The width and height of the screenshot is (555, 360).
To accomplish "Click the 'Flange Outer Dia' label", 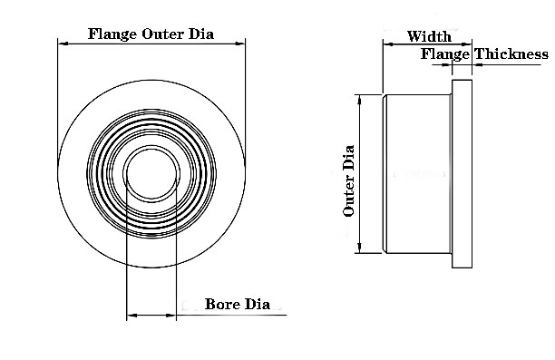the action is [151, 34].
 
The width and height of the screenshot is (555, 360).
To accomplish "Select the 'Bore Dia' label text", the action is [238, 304].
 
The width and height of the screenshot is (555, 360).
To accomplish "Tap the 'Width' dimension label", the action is [429, 36].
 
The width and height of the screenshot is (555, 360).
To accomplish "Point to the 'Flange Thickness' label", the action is [484, 54].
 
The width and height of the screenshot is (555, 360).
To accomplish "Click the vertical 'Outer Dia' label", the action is [348, 180].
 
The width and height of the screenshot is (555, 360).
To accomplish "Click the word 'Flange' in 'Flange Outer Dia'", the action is [112, 34].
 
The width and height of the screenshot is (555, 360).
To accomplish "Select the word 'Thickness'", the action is [511, 54].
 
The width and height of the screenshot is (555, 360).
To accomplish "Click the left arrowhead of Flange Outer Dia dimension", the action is [63, 44].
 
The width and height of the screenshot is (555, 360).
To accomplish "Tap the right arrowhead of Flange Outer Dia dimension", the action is [240, 44].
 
